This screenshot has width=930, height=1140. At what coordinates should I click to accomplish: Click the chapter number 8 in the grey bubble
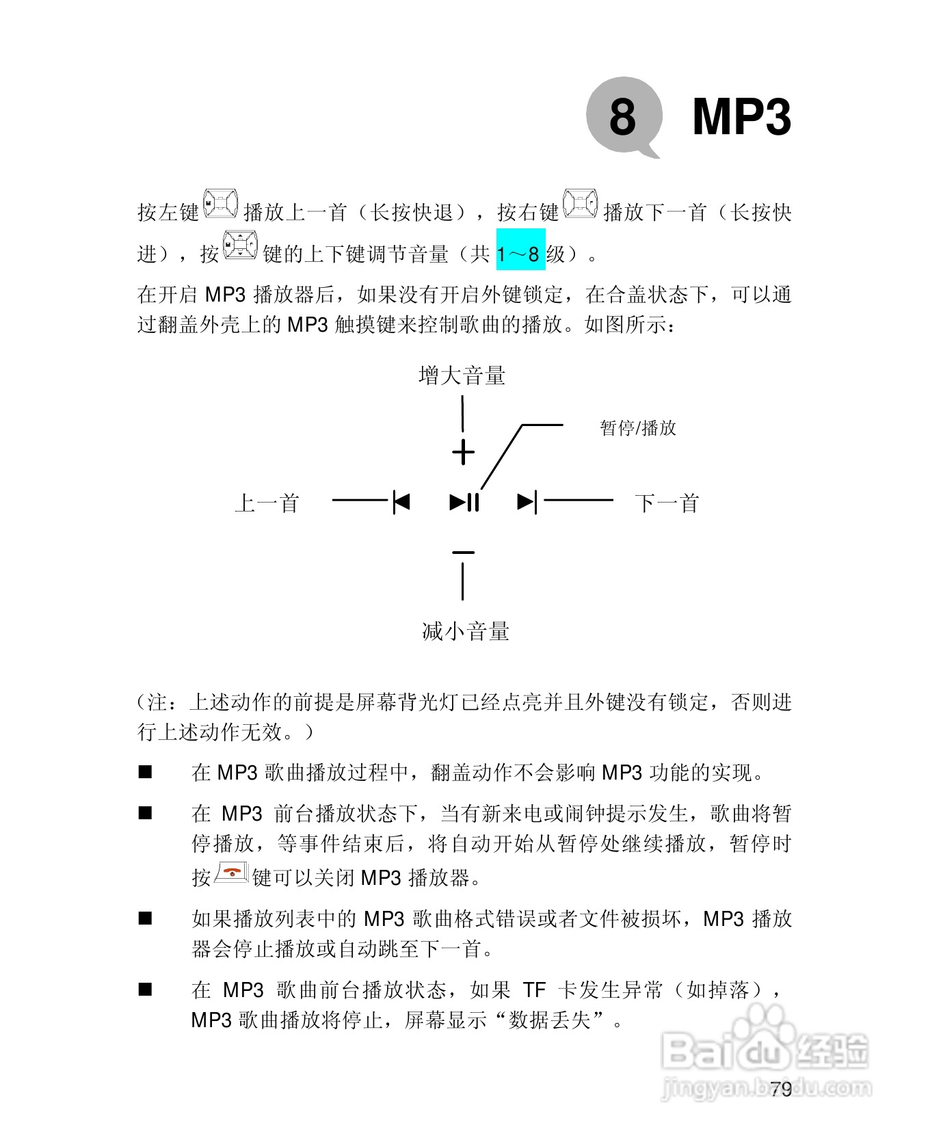622,116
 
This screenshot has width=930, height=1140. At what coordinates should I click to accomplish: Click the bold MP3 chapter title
741,116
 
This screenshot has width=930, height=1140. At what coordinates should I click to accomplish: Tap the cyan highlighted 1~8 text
520,254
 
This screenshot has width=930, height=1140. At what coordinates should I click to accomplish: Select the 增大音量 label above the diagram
462,375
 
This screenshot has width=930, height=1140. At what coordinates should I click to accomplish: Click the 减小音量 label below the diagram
465,631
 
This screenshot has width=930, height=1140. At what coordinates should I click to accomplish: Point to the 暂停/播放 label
637,428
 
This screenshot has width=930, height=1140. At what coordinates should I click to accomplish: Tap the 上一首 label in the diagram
267,503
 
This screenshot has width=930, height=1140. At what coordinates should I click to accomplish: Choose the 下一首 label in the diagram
667,503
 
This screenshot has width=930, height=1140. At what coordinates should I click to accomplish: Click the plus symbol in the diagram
463,452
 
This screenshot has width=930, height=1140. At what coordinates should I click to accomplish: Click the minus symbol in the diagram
463,551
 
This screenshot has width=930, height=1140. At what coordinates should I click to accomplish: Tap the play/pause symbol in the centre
464,502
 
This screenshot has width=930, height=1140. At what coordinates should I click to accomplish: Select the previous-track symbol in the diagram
401,502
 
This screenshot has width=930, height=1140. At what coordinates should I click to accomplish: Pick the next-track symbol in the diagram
527,502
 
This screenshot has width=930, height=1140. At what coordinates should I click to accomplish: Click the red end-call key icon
231,873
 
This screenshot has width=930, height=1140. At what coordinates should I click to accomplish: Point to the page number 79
780,1089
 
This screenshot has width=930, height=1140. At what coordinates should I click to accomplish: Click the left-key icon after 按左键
221,204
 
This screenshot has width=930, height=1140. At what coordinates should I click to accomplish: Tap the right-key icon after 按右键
581,204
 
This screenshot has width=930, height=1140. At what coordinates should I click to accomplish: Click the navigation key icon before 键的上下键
241,246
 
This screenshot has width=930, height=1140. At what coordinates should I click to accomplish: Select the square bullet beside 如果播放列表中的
145,918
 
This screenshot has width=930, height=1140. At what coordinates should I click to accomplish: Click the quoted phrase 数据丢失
550,1020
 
